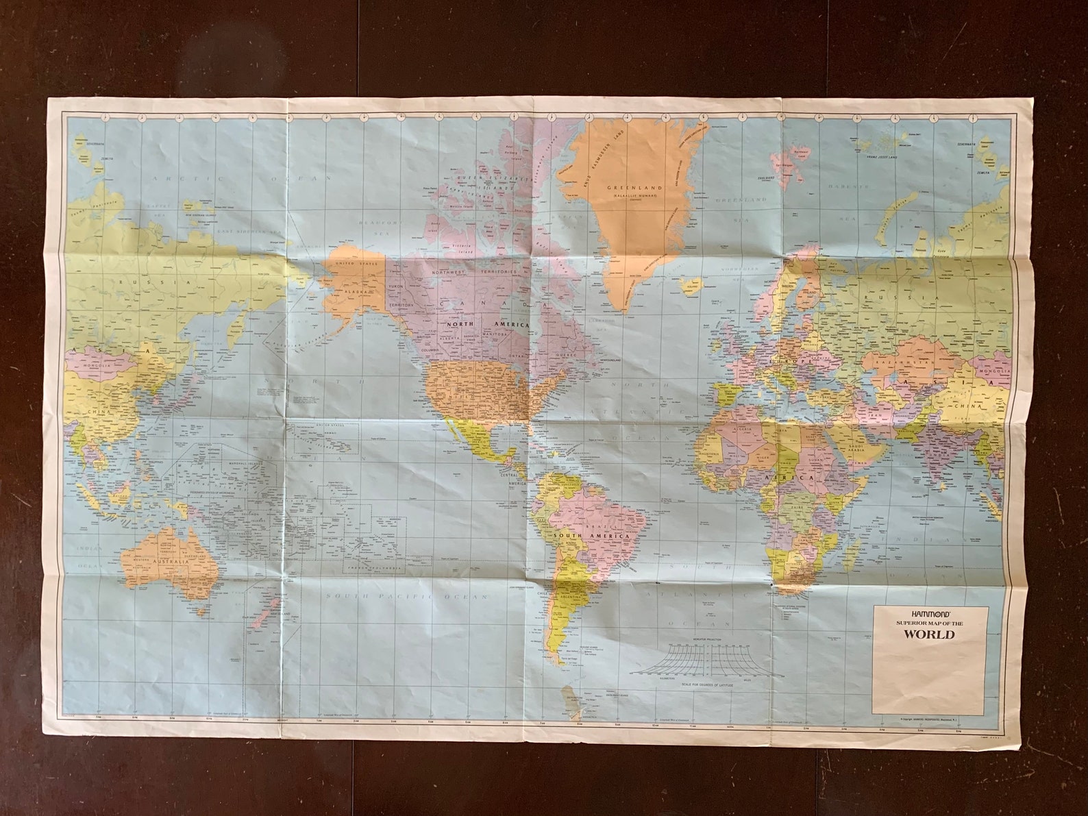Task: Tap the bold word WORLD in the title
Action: point(928,634)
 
